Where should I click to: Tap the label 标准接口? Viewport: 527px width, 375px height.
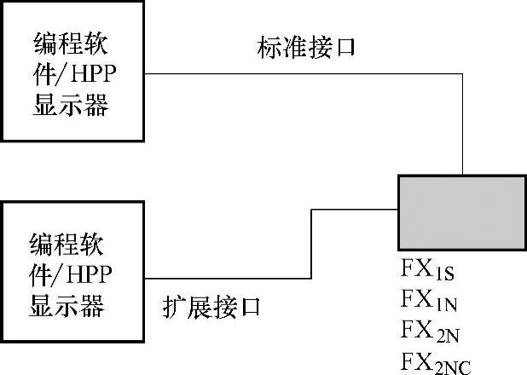coord(304,48)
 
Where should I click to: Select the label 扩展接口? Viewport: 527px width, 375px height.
coord(211,307)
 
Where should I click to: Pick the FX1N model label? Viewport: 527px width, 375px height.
coord(433,300)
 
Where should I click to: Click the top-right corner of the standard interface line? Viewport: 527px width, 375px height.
coord(462,74)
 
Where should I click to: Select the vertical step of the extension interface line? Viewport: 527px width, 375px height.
coord(312,243)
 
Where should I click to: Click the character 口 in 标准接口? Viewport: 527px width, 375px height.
coord(343,48)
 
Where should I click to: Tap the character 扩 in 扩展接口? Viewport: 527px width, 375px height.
coord(173,307)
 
